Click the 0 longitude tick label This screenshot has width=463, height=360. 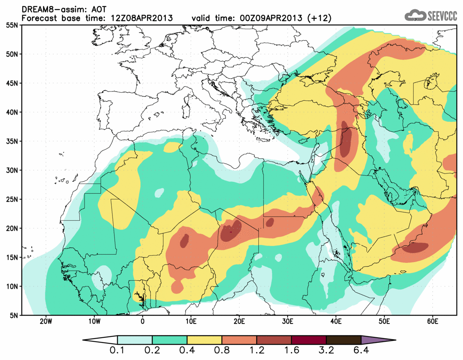(143, 321)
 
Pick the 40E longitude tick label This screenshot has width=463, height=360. (336, 321)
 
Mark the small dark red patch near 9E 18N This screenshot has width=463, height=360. (184, 240)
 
